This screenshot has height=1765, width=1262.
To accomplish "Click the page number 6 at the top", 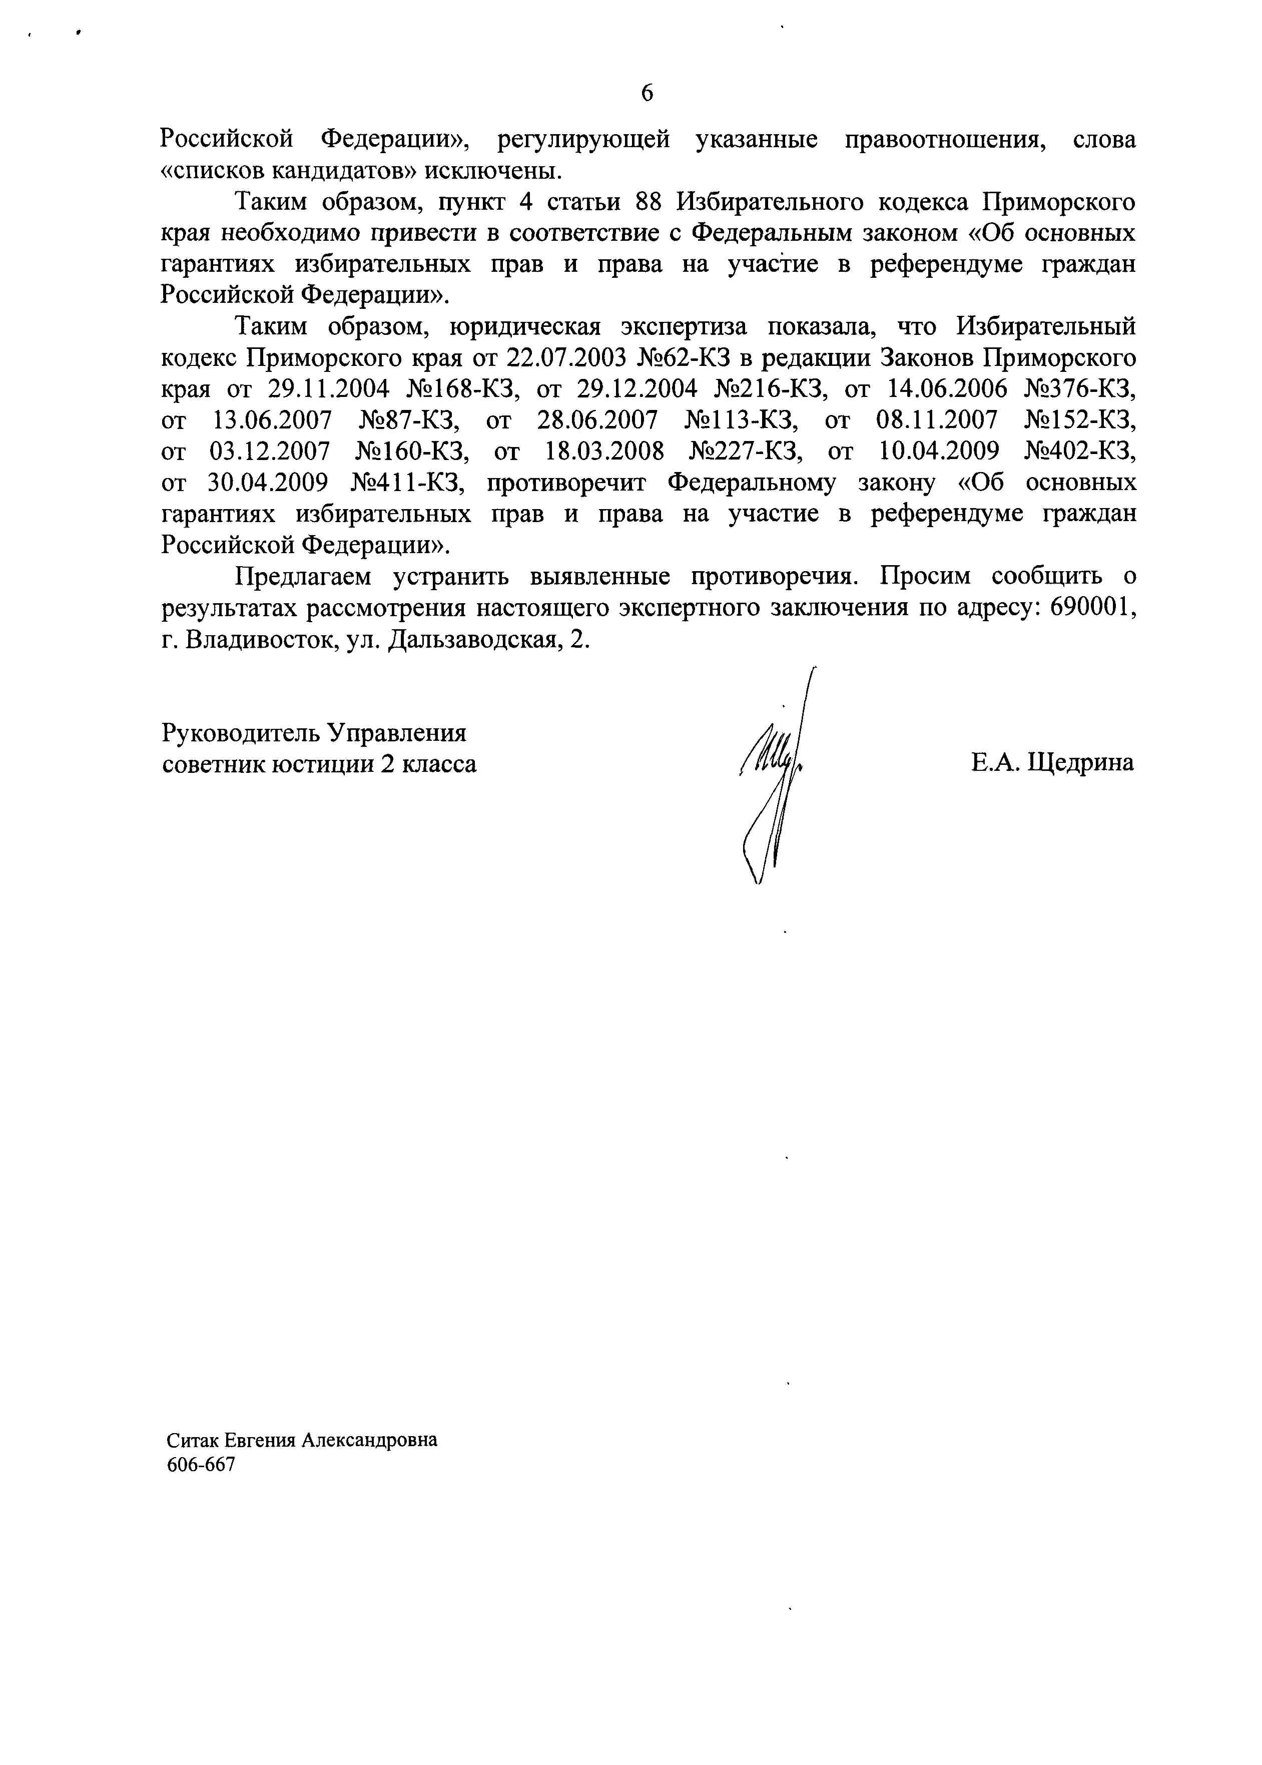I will click(x=647, y=93).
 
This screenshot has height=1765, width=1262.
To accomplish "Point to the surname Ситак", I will click(x=193, y=1440).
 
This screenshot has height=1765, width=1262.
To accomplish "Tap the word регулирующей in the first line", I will click(x=583, y=140).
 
